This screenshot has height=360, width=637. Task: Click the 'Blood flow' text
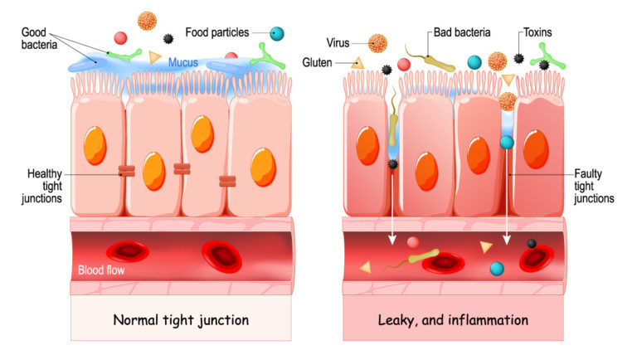[x=100, y=270]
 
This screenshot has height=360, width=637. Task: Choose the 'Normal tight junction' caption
[x=181, y=319]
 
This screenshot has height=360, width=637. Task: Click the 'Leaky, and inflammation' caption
[x=453, y=319]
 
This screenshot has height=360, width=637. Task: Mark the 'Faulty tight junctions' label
[x=594, y=185]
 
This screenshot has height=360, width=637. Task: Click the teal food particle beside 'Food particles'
[x=277, y=34]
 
